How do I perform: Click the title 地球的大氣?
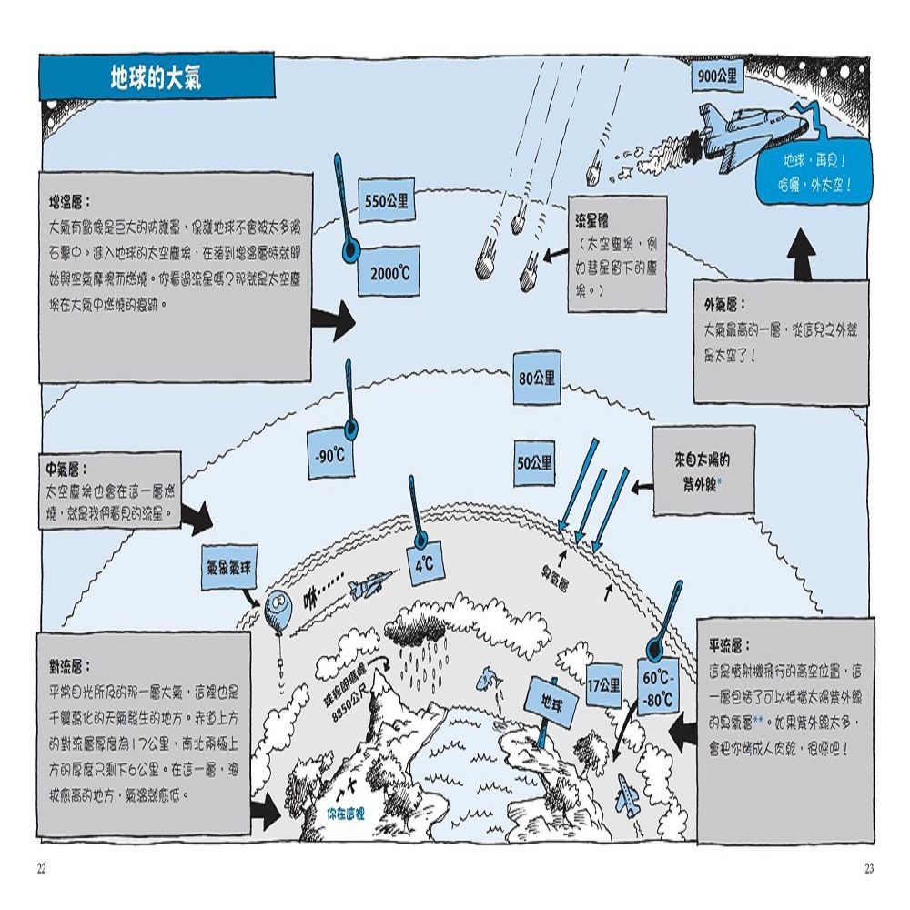[156, 76]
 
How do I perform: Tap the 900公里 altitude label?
[717, 77]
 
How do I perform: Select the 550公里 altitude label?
[387, 202]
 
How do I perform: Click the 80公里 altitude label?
[536, 378]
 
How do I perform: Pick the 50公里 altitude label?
[535, 462]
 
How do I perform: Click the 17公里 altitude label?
[602, 684]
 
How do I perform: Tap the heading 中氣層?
[66, 471]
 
